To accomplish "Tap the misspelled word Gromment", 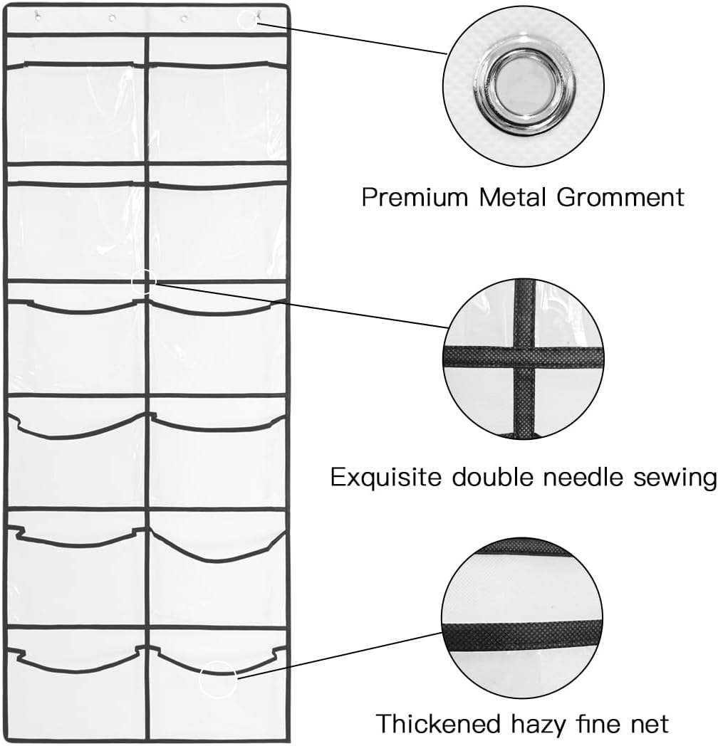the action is click(x=620, y=196).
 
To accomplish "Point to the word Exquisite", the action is click(x=385, y=477).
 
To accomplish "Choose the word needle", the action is click(x=583, y=476).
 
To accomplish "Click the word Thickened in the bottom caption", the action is click(x=438, y=724).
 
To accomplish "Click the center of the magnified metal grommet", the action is click(x=524, y=87).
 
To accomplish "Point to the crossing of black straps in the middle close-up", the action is click(x=524, y=357).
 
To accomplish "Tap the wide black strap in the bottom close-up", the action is click(x=522, y=636).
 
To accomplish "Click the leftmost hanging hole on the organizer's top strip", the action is click(x=38, y=18).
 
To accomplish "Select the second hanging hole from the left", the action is click(x=112, y=18).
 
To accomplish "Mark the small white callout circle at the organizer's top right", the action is click(x=247, y=20).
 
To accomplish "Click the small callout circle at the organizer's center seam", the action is click(x=143, y=282).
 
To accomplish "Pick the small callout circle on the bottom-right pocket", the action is click(x=217, y=679).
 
